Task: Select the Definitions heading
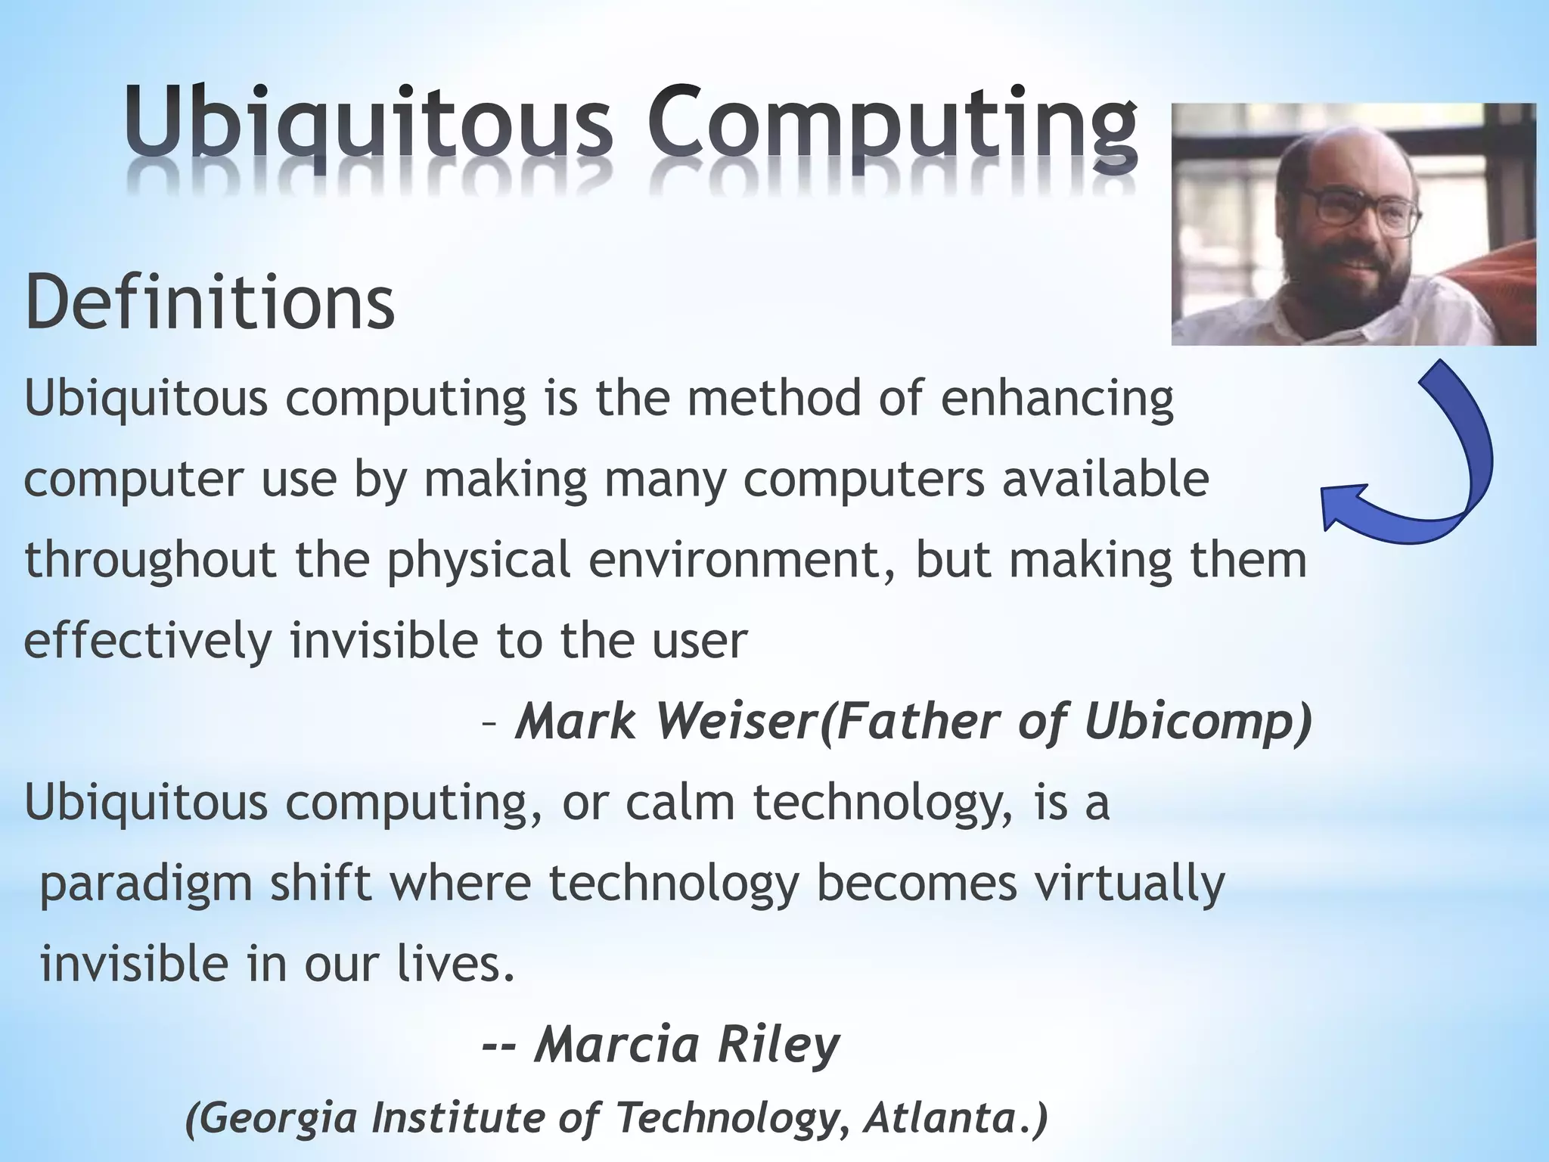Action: [210, 303]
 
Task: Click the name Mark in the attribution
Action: [578, 721]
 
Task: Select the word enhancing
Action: [1057, 399]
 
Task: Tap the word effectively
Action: [147, 641]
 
